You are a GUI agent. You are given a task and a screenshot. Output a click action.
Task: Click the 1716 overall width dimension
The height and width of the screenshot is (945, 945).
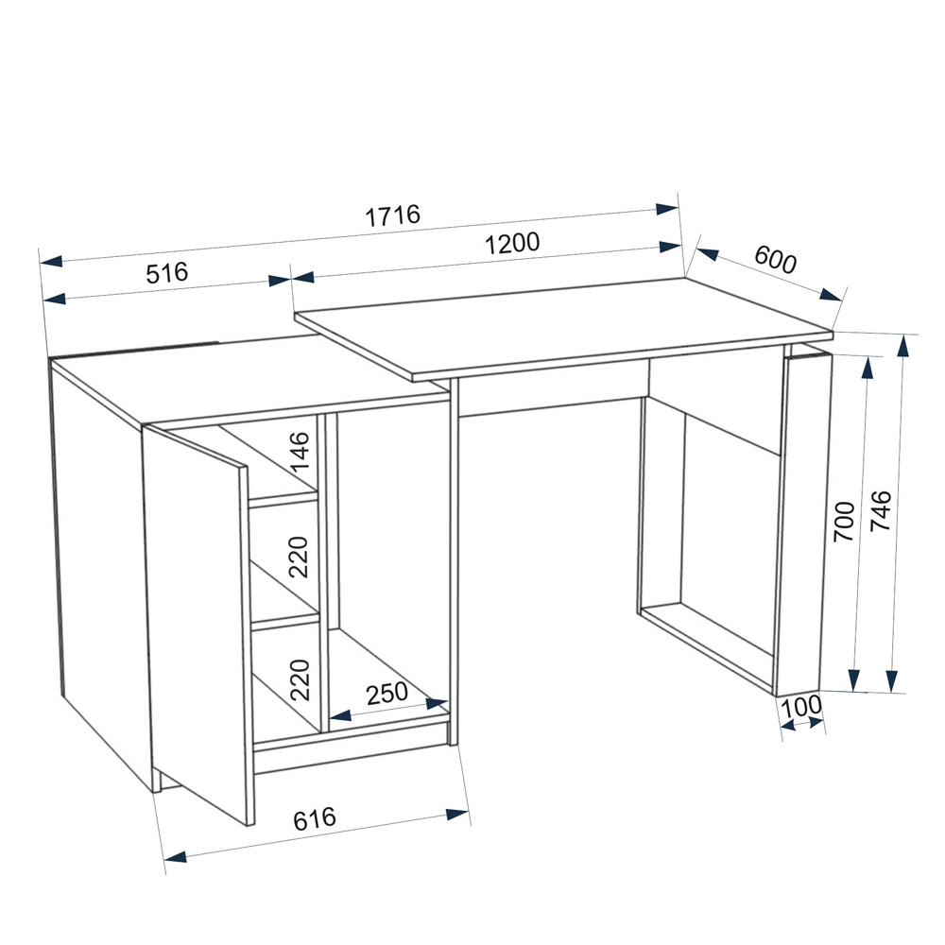pyautogui.click(x=392, y=215)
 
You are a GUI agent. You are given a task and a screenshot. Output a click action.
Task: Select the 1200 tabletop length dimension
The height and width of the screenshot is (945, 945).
pyautogui.click(x=512, y=244)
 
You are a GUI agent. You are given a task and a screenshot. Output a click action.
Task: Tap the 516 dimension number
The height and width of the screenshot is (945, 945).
pyautogui.click(x=167, y=273)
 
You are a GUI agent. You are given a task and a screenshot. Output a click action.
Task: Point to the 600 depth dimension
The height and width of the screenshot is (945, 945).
pyautogui.click(x=775, y=260)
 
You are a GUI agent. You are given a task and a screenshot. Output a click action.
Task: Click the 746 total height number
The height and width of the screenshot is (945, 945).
pyautogui.click(x=881, y=510)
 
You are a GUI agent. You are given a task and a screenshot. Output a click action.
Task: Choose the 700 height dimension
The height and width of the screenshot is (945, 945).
pyautogui.click(x=844, y=522)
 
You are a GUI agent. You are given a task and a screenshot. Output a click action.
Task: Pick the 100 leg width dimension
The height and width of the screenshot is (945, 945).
pyautogui.click(x=801, y=706)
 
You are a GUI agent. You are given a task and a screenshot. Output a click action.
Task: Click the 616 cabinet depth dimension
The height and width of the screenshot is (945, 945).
pyautogui.click(x=315, y=818)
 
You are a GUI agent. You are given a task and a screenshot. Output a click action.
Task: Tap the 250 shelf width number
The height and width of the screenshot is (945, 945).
pyautogui.click(x=387, y=694)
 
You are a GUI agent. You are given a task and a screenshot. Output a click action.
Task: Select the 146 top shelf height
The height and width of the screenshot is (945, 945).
pyautogui.click(x=300, y=453)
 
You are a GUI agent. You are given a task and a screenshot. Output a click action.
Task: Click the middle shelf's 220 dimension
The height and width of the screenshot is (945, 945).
pyautogui.click(x=299, y=557)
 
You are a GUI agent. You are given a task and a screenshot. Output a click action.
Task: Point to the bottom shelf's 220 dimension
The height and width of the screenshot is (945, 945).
pyautogui.click(x=300, y=679)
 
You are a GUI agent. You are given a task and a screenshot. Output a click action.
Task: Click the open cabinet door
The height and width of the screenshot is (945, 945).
pyautogui.click(x=196, y=624)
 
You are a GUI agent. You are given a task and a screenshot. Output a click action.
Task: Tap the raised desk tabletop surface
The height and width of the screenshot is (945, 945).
pyautogui.click(x=563, y=329)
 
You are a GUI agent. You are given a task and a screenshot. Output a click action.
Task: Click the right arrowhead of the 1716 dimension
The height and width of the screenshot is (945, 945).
pyautogui.click(x=668, y=209)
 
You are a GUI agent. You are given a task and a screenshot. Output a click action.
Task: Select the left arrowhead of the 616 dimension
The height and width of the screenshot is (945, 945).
pyautogui.click(x=176, y=856)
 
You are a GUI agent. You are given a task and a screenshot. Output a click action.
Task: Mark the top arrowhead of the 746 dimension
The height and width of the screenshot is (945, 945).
pyautogui.click(x=902, y=347)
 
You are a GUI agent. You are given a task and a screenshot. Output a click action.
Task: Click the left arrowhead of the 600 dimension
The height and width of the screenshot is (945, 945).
pyautogui.click(x=707, y=253)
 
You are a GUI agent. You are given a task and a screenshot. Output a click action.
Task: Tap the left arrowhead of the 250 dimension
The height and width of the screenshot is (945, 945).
pyautogui.click(x=340, y=716)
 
